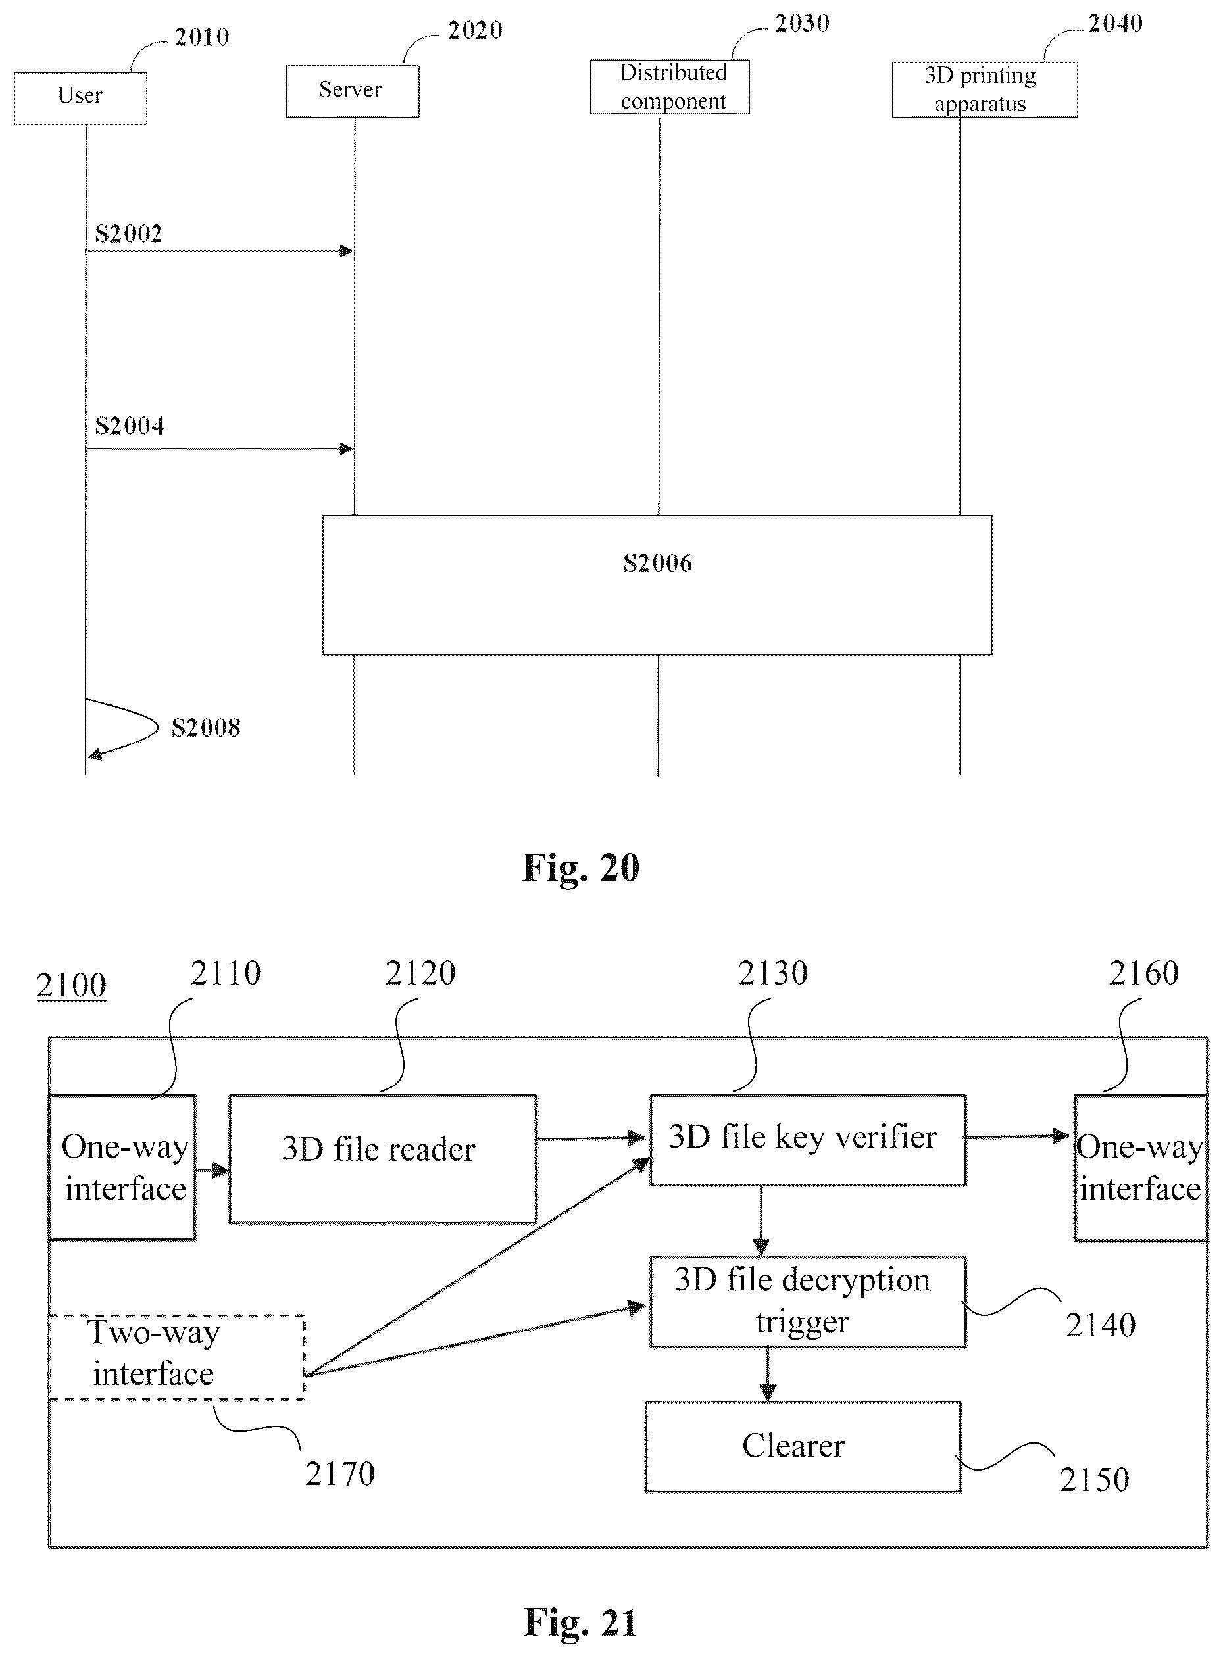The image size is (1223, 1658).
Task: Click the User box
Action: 80,98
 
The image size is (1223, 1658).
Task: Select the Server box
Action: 353,91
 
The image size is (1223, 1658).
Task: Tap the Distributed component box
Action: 669,87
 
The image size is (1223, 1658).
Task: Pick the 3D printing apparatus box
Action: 985,89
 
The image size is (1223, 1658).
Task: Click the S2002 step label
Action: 129,234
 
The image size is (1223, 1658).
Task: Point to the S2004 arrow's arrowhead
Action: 347,449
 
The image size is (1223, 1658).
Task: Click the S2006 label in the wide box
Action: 657,563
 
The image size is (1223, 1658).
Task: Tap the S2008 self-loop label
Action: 206,727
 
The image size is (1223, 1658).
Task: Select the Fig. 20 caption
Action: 580,867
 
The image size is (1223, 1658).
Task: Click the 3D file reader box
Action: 383,1159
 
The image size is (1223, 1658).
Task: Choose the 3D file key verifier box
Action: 808,1140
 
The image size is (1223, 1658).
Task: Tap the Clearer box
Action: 803,1446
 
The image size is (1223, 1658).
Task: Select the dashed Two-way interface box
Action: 177,1357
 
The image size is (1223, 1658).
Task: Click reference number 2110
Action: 226,973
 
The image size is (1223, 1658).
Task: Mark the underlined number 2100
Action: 71,986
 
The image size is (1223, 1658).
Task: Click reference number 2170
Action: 340,1474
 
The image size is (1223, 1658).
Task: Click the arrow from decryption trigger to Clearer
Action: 767,1374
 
